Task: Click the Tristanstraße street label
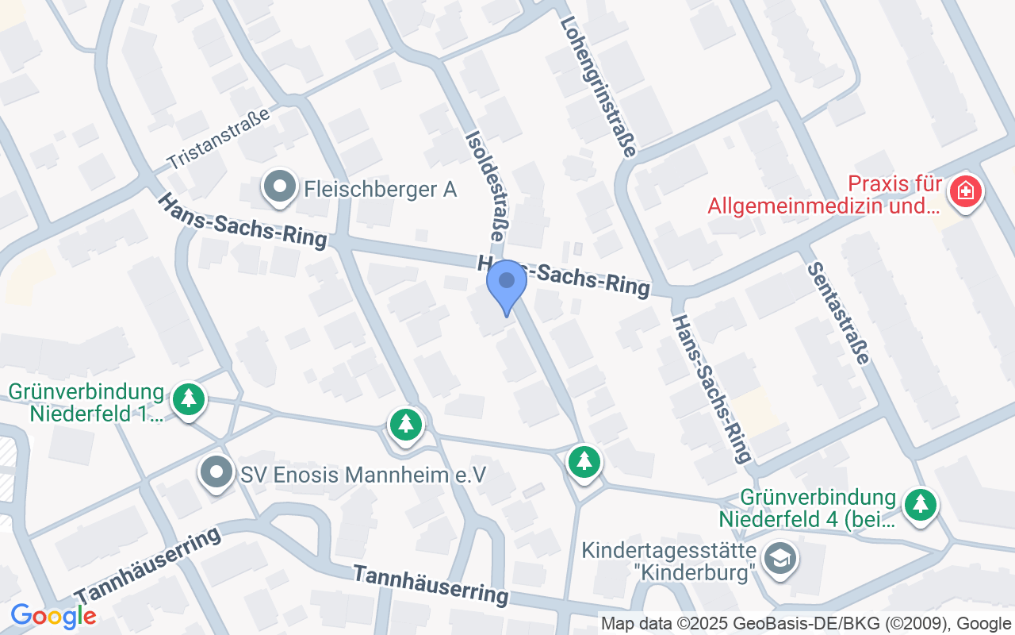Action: [x=217, y=140]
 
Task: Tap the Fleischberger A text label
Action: [x=381, y=189]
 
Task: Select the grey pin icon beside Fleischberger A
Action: [x=278, y=187]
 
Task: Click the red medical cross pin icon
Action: [x=965, y=191]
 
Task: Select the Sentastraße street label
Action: [x=839, y=313]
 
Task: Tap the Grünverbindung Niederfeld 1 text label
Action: [x=87, y=402]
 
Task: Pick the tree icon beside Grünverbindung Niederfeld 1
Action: [x=189, y=399]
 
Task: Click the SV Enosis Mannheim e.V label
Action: [x=363, y=475]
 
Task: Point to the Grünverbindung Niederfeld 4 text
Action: [x=807, y=509]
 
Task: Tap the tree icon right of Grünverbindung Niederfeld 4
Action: [x=920, y=504]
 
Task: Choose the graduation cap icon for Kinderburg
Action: [x=780, y=559]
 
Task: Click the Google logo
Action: [x=53, y=616]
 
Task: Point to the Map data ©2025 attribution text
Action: [x=806, y=623]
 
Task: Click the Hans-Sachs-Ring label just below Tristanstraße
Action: [x=242, y=220]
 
